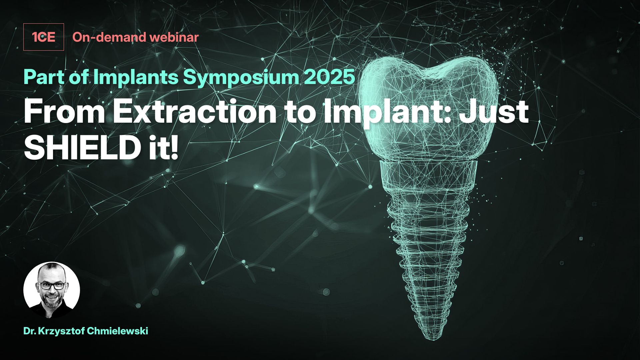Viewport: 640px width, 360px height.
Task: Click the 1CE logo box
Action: [x=43, y=37]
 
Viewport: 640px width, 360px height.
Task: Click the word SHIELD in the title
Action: [x=81, y=147]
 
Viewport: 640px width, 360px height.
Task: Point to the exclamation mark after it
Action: [x=174, y=147]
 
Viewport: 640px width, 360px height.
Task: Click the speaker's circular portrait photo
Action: [x=52, y=290]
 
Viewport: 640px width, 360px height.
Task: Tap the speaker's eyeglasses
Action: [x=53, y=286]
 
